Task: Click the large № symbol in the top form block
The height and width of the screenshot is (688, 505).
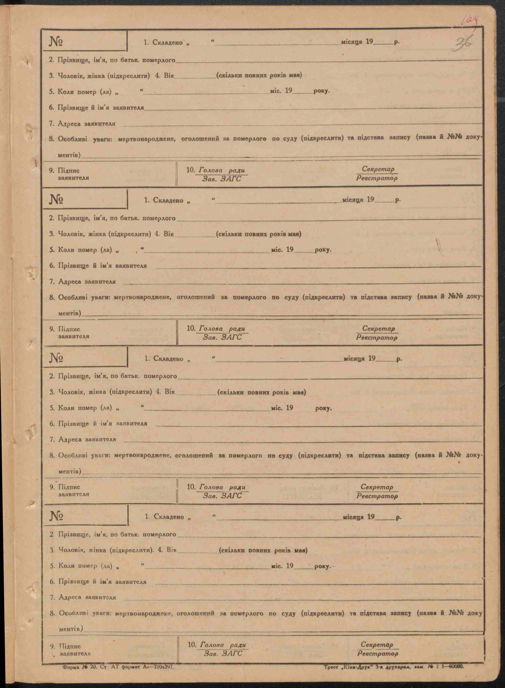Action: tap(56, 42)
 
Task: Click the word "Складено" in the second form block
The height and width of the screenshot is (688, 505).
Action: tap(168, 200)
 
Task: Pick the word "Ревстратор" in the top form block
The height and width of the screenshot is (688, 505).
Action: tap(377, 178)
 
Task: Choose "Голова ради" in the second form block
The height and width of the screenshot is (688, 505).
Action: tap(222, 329)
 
